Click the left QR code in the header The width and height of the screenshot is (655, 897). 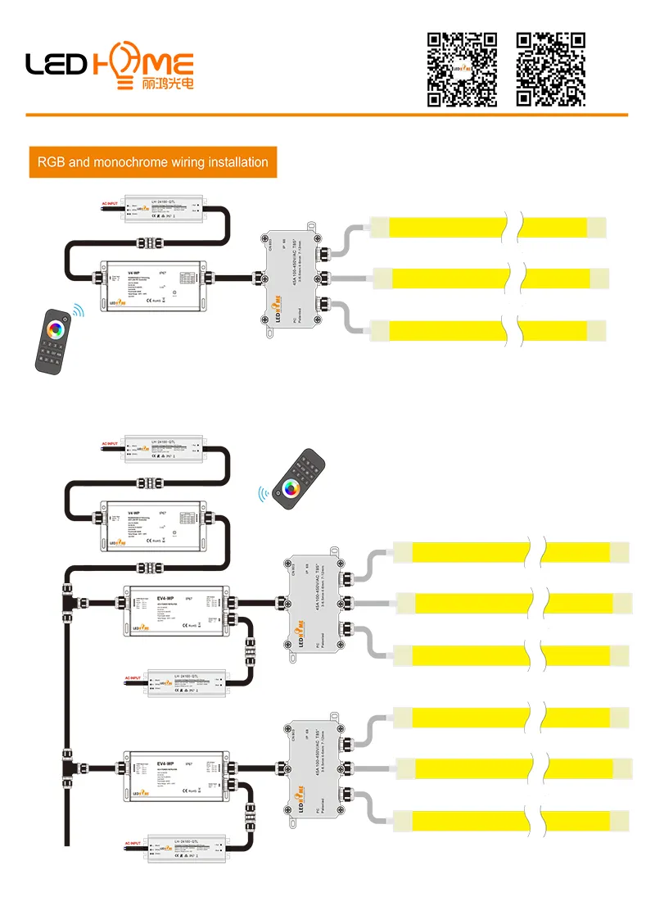463,69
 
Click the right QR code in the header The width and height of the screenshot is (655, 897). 551,69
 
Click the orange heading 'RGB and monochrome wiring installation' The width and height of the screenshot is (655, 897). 152,162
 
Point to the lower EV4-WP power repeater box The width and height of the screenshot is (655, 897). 173,774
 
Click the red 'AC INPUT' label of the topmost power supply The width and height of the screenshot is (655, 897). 110,202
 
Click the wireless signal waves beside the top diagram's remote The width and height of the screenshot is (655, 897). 79,311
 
